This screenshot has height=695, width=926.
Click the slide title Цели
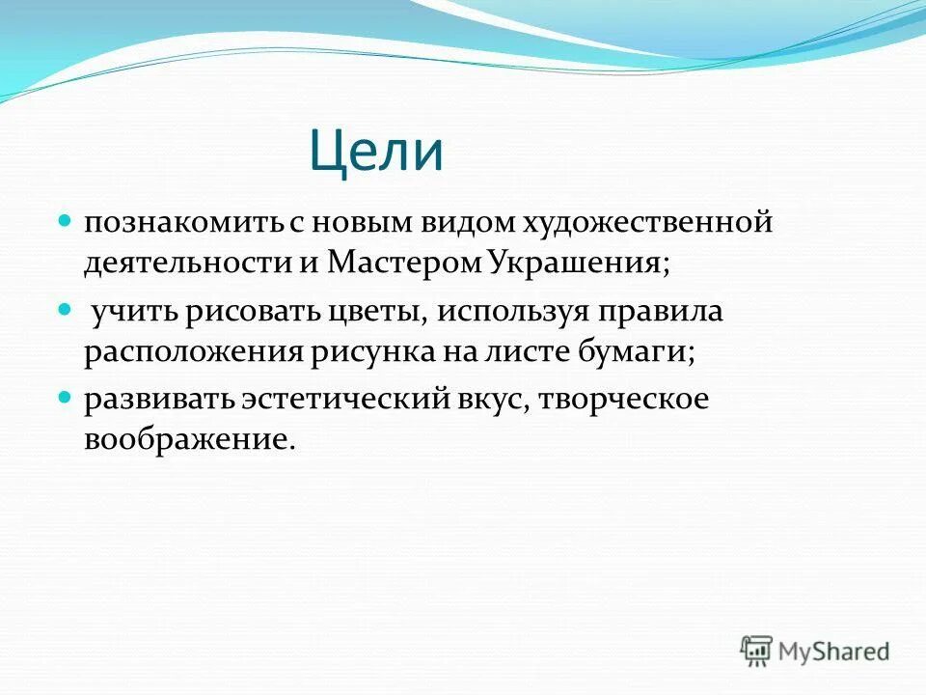click(x=376, y=152)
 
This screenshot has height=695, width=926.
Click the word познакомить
click(x=180, y=223)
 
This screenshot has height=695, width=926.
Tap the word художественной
click(x=648, y=223)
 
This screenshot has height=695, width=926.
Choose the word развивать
click(x=157, y=400)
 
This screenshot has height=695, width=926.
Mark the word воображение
click(x=186, y=440)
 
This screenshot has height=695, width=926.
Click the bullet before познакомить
click(x=66, y=221)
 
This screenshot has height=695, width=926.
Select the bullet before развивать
click(x=66, y=398)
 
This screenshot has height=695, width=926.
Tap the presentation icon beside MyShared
click(x=757, y=650)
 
